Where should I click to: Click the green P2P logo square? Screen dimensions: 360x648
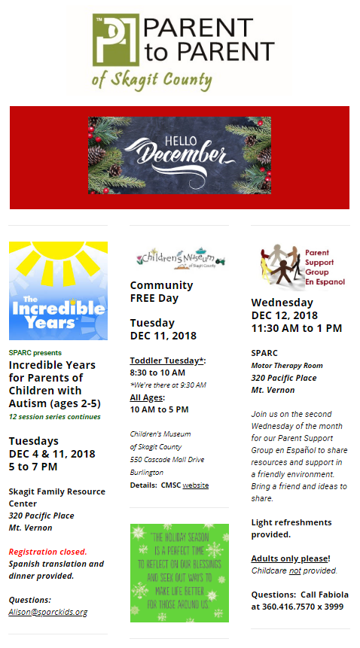pyautogui.click(x=116, y=40)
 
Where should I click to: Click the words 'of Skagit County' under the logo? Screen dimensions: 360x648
pyautogui.click(x=152, y=80)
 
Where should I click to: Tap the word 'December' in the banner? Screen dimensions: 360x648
pyautogui.click(x=180, y=154)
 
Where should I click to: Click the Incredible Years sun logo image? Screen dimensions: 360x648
pyautogui.click(x=58, y=291)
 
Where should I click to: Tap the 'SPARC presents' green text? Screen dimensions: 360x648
pyautogui.click(x=35, y=353)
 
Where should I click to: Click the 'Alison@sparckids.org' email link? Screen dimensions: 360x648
pyautogui.click(x=48, y=612)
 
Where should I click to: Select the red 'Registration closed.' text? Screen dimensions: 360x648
pyautogui.click(x=48, y=552)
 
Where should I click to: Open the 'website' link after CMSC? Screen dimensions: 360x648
pyautogui.click(x=196, y=485)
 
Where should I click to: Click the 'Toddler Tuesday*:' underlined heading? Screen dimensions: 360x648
pyautogui.click(x=168, y=361)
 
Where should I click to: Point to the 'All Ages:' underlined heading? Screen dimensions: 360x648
pyautogui.click(x=148, y=397)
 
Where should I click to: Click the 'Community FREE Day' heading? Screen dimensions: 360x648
pyautogui.click(x=162, y=292)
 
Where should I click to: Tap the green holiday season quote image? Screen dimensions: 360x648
pyautogui.click(x=179, y=573)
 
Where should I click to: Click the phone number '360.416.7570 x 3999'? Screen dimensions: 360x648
pyautogui.click(x=303, y=607)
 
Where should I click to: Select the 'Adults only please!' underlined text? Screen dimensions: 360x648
pyautogui.click(x=291, y=558)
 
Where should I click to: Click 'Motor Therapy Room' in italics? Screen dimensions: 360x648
pyautogui.click(x=287, y=365)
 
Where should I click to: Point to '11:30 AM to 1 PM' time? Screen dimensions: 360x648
pyautogui.click(x=297, y=329)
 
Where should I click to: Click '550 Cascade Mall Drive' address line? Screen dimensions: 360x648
pyautogui.click(x=167, y=460)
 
